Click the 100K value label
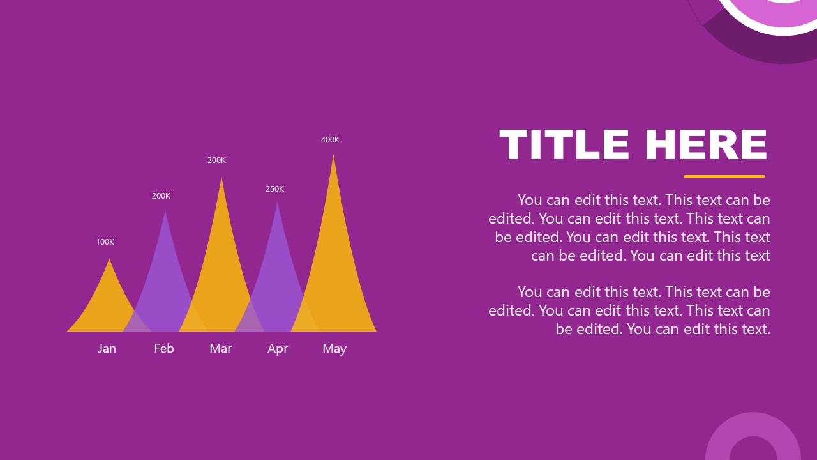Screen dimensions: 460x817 (105, 242)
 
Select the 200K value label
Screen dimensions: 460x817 (161, 196)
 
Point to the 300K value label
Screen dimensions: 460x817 (216, 160)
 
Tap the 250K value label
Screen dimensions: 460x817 (274, 189)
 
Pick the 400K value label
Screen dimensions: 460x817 (330, 140)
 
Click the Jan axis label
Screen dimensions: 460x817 (107, 348)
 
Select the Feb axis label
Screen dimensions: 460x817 (164, 348)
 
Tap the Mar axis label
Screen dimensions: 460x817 (221, 348)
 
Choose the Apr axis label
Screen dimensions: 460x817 (278, 348)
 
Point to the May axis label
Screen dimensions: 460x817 (334, 348)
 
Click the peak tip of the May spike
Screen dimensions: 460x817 (333, 156)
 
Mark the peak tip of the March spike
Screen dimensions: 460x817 (221, 178)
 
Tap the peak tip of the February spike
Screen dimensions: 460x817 (165, 211)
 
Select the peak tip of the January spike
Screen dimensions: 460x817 (110, 260)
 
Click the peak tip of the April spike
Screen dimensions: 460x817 (277, 203)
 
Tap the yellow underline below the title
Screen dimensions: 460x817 (724, 176)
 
